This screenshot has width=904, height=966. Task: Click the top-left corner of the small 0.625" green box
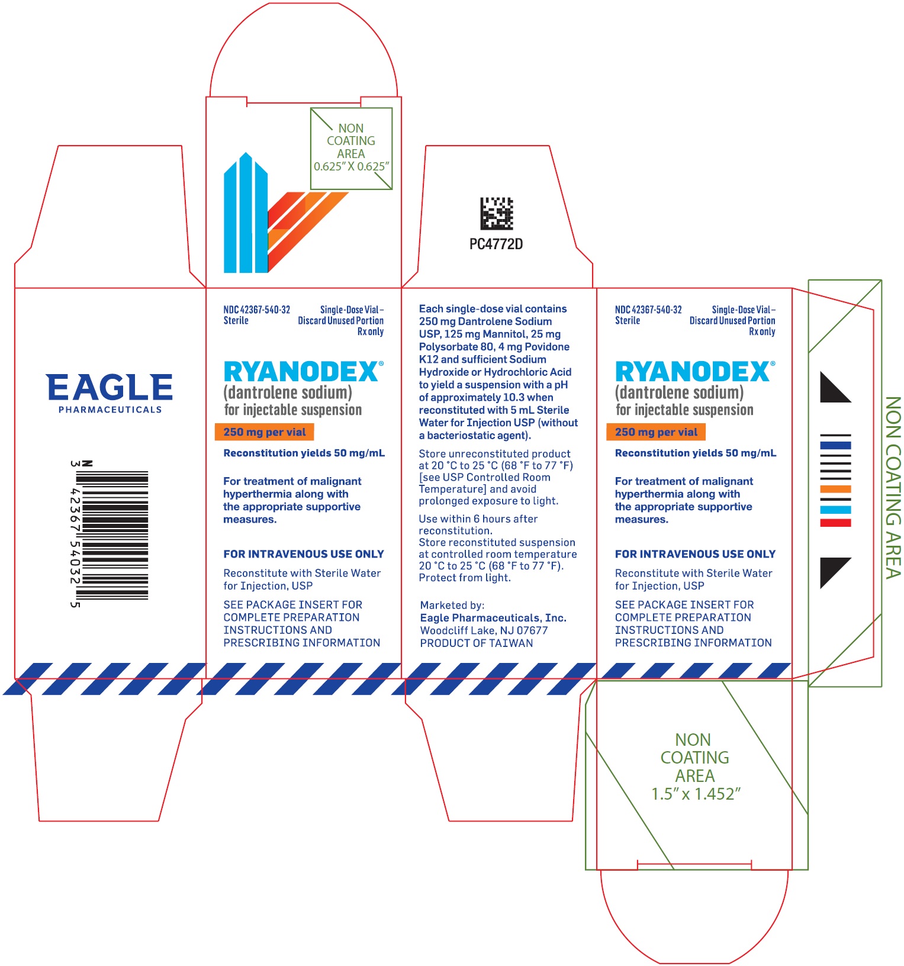click(x=311, y=108)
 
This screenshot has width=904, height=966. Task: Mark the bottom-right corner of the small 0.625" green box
click(x=392, y=189)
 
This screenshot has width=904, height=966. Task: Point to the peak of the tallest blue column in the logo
click(x=246, y=153)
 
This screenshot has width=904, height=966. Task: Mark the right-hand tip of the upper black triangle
click(x=851, y=402)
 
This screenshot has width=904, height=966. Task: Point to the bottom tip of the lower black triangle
click(x=821, y=588)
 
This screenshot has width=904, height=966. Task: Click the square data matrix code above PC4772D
click(x=496, y=213)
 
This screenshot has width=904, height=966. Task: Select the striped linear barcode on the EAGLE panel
click(x=112, y=535)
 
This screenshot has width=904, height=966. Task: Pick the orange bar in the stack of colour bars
click(x=835, y=489)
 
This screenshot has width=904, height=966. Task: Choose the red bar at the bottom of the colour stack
click(x=835, y=523)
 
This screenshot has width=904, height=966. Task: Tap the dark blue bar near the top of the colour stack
click(x=835, y=445)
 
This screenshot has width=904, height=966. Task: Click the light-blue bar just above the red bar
click(x=835, y=510)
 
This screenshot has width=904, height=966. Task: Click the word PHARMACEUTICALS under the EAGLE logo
click(x=110, y=410)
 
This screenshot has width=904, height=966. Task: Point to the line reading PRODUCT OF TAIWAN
click(x=477, y=643)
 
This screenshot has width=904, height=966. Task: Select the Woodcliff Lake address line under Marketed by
click(x=484, y=631)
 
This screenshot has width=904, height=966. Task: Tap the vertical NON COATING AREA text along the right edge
click(x=893, y=487)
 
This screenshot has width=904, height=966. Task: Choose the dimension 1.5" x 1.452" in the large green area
click(x=696, y=794)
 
